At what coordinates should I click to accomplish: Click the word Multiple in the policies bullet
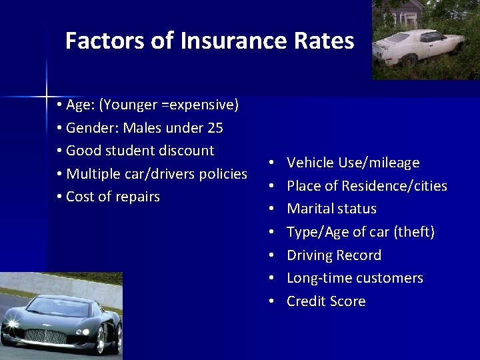pyautogui.click(x=94, y=174)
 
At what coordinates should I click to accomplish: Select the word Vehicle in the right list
pyautogui.click(x=311, y=163)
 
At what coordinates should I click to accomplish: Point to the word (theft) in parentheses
pyautogui.click(x=414, y=232)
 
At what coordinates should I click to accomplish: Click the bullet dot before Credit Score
pyautogui.click(x=273, y=301)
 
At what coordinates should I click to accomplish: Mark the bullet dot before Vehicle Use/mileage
pyautogui.click(x=273, y=163)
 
